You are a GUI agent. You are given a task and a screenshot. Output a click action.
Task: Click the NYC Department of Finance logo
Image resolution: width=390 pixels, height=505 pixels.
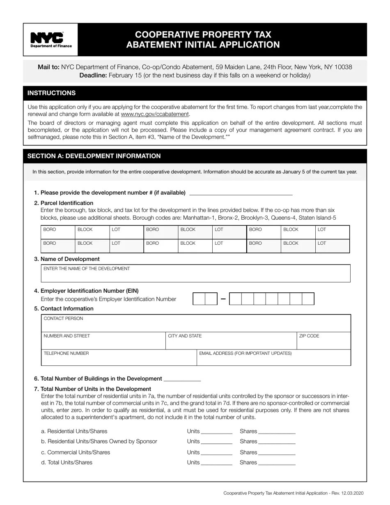tap(51, 40)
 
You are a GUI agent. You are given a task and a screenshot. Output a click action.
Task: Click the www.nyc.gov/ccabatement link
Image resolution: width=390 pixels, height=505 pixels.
tap(155, 114)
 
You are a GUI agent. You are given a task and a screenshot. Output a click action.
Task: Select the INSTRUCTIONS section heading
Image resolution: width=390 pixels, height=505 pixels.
tap(51, 93)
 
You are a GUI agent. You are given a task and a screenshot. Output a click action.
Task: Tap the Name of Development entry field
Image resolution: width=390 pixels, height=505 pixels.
tap(195, 275)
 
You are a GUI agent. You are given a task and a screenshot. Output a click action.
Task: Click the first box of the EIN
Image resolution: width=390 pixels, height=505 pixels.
tap(199, 299)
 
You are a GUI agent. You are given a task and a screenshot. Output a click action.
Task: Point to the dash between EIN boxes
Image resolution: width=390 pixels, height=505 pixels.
tap(223, 299)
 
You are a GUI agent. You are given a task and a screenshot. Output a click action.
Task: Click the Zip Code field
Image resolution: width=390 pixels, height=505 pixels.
tap(323, 343)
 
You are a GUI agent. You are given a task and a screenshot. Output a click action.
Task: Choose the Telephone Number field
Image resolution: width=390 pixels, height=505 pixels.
tap(119, 359)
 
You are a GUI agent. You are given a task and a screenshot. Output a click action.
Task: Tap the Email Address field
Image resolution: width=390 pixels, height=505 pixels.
tap(273, 359)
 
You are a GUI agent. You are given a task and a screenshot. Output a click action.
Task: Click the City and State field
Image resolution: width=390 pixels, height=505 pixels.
tap(231, 343)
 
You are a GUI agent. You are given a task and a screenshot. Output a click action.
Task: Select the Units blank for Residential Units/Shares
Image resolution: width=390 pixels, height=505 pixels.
tap(217, 432)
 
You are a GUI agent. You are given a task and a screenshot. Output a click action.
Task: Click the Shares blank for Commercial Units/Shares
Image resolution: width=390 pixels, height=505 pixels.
tap(277, 452)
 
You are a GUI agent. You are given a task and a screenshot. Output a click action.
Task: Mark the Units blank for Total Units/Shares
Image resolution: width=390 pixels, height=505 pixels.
tap(217, 463)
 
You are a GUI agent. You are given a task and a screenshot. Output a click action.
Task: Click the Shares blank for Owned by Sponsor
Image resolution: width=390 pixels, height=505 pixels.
tap(277, 442)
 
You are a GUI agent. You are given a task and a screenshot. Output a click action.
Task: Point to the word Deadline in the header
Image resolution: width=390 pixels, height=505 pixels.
tap(93, 75)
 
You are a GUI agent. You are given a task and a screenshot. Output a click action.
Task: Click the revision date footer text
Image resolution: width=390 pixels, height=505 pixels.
tap(293, 493)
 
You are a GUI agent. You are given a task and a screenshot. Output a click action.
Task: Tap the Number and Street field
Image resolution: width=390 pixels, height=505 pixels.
tap(103, 343)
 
